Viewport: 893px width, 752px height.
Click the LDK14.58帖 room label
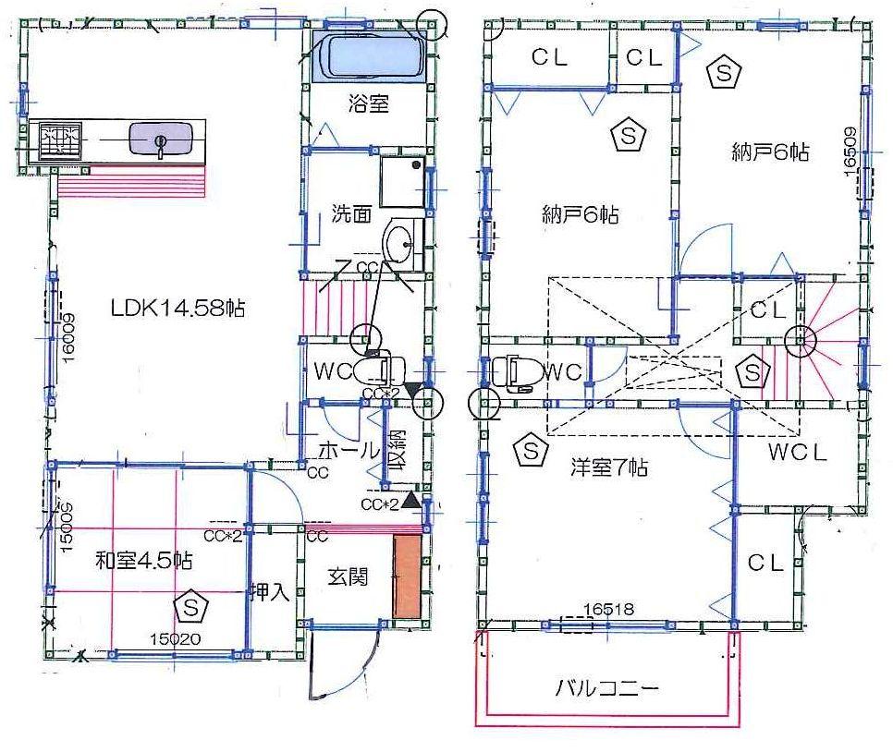coord(177,309)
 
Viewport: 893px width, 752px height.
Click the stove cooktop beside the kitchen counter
coord(56,141)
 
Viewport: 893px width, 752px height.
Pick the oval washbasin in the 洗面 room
coord(402,246)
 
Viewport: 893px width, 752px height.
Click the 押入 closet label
coord(269,592)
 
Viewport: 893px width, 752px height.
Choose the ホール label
coord(349,451)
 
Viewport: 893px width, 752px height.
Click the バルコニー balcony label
coord(607,689)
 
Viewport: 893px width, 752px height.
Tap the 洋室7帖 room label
coord(607,467)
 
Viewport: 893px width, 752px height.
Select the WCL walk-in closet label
coord(796,453)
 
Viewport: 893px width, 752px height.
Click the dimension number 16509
coord(850,149)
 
